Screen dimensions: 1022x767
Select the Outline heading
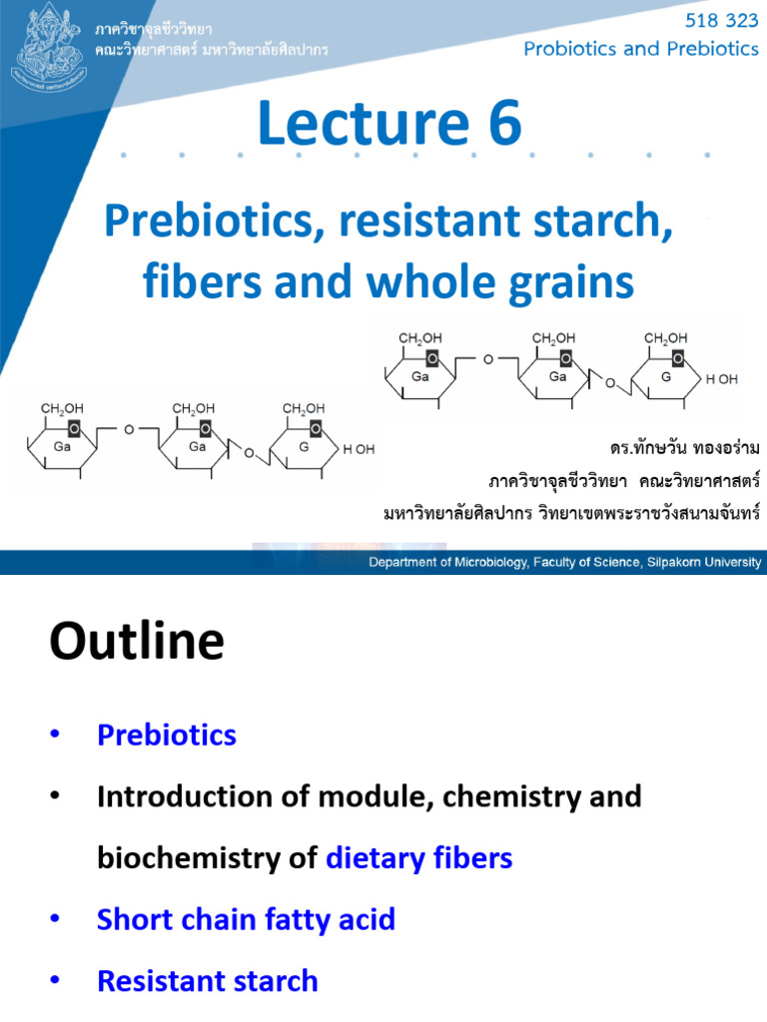(x=137, y=642)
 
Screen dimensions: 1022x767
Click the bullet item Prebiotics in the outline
(x=167, y=736)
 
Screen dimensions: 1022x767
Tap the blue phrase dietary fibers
(x=419, y=857)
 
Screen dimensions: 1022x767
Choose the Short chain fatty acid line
(x=246, y=919)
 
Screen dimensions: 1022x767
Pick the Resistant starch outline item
(x=208, y=981)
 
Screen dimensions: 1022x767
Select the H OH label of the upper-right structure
(x=722, y=380)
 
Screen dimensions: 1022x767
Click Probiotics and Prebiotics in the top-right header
(x=641, y=49)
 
